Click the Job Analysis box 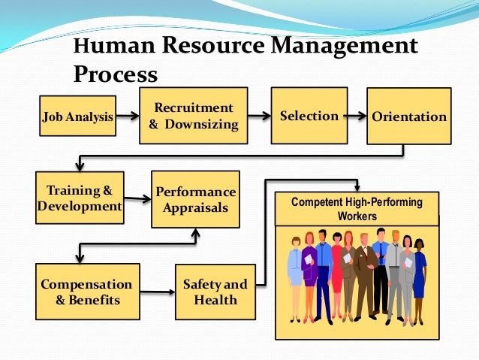click(x=78, y=116)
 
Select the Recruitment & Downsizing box click(x=193, y=116)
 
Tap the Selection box click(x=308, y=116)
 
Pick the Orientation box click(x=408, y=116)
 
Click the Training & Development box click(x=79, y=197)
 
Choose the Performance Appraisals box click(x=195, y=199)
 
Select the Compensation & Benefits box click(x=86, y=291)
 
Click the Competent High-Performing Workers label click(x=357, y=209)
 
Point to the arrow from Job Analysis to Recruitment click(x=128, y=116)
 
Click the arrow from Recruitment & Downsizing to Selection click(x=258, y=116)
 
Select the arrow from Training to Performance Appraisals click(x=137, y=199)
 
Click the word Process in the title click(x=116, y=74)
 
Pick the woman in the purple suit click(x=309, y=271)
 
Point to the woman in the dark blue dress click(x=419, y=274)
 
